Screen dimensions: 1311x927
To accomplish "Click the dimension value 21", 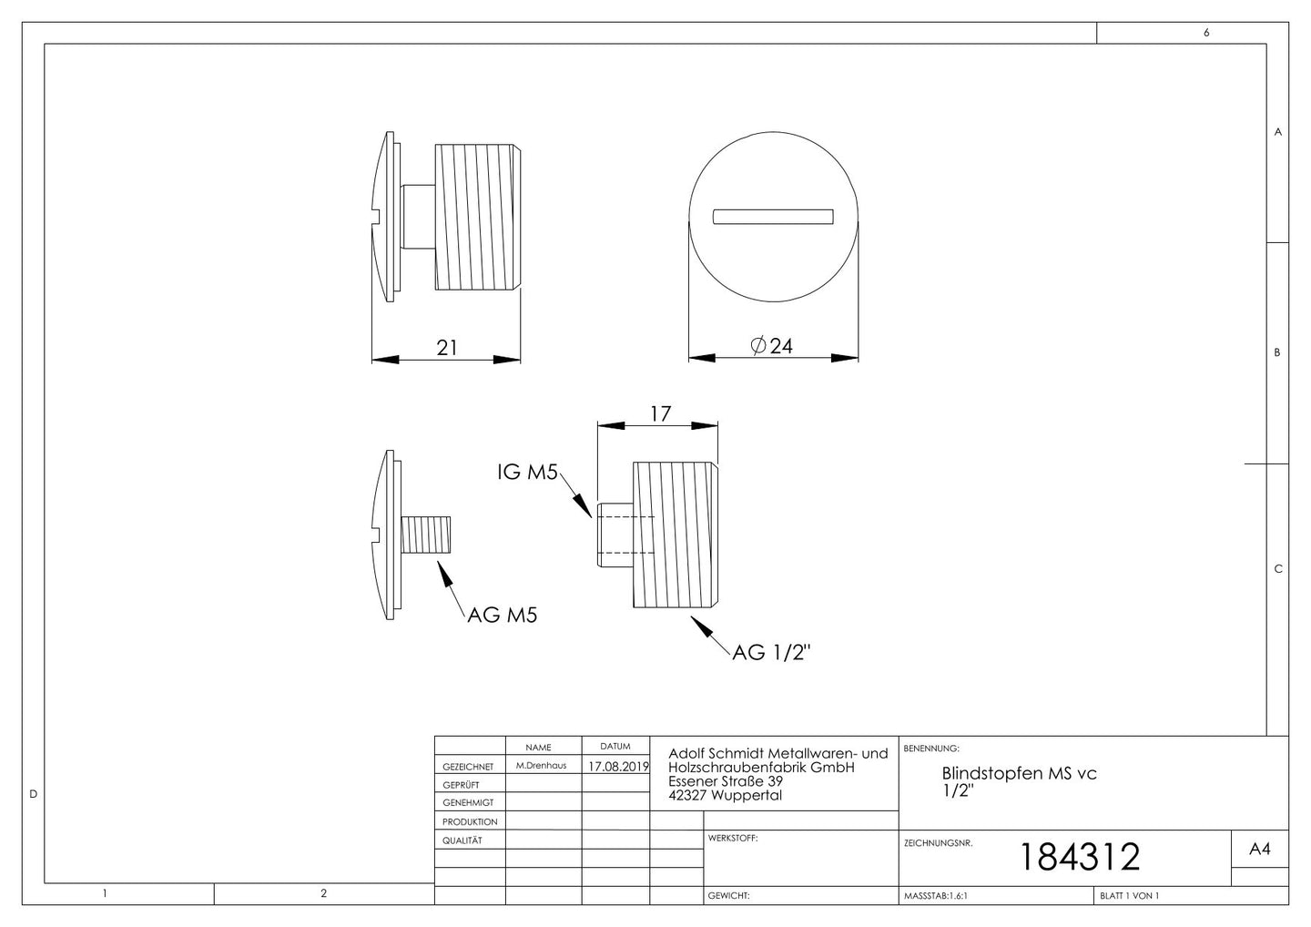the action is [x=446, y=348].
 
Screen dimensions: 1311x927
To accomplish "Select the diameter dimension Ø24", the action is [x=772, y=346].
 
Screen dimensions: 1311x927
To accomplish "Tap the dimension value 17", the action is [x=660, y=414].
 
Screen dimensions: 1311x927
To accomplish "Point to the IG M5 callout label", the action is [x=527, y=473].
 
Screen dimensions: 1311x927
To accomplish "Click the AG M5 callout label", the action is [x=503, y=615].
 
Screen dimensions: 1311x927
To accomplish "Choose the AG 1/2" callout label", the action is [x=771, y=652].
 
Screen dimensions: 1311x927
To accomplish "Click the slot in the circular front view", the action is [x=773, y=217].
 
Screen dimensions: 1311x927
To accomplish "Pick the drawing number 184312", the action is [x=1080, y=857].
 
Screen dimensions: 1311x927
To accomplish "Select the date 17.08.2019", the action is [x=618, y=767].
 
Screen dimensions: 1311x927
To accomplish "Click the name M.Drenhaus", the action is [x=541, y=766].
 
